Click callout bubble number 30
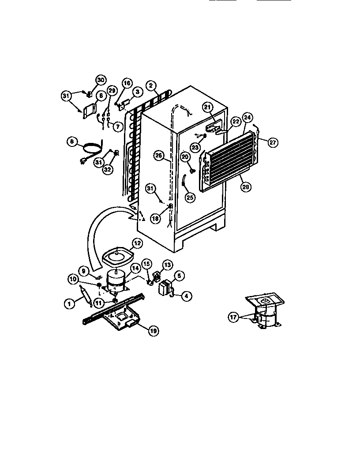pyautogui.click(x=101, y=80)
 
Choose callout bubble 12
pyautogui.click(x=137, y=242)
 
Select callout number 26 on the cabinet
pyautogui.click(x=158, y=155)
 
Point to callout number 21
pyautogui.click(x=208, y=106)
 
